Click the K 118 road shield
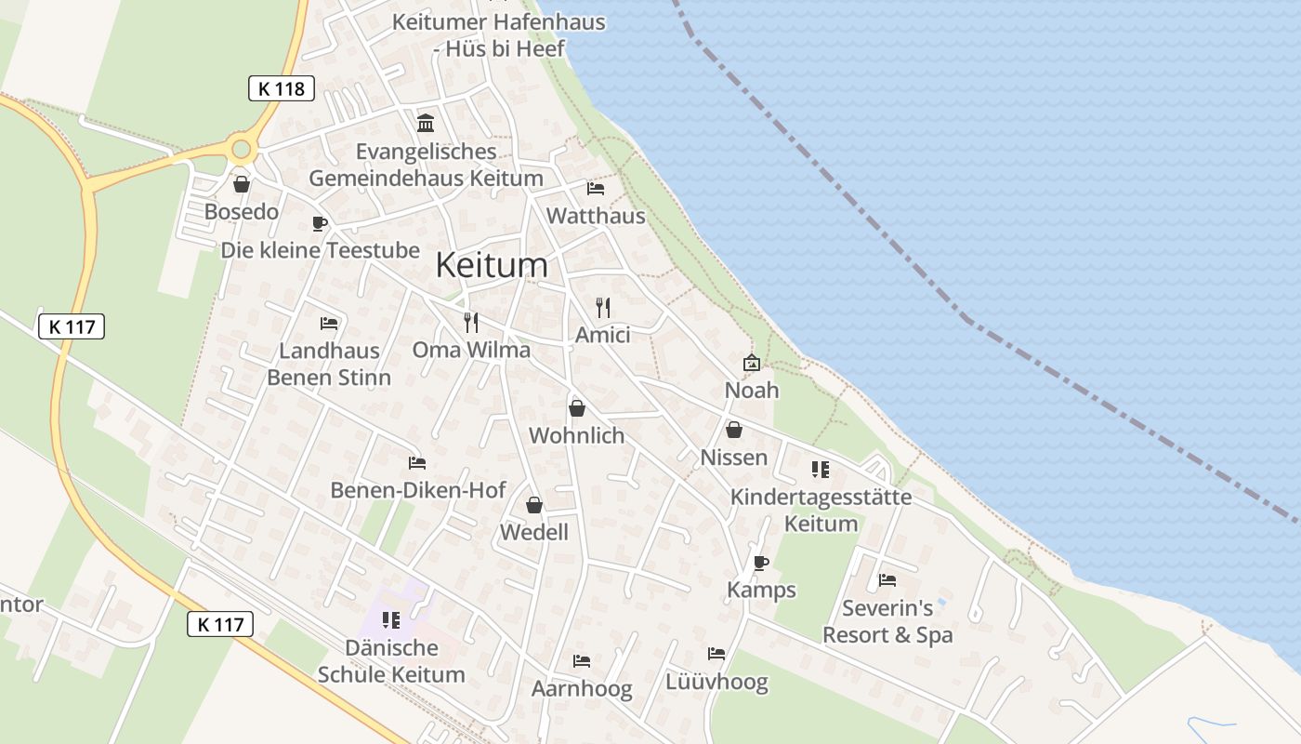[x=282, y=89]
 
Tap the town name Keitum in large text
[x=492, y=265]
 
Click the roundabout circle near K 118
[x=243, y=147]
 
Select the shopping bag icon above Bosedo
[x=242, y=184]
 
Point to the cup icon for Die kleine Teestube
[x=319, y=223]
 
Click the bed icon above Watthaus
[x=596, y=189]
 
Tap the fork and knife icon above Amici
[x=603, y=308]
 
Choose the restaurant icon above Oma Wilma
[x=471, y=323]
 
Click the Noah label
[x=752, y=390]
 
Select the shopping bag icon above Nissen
[x=734, y=430]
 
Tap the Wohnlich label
[x=576, y=435]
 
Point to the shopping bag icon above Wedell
[x=534, y=505]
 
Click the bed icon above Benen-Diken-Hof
[x=417, y=463]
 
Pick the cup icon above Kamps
[x=760, y=563]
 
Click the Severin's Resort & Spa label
[x=887, y=622]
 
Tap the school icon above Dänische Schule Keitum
[x=391, y=619]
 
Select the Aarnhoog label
[x=582, y=689]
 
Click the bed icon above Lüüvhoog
[x=716, y=654]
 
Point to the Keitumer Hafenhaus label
[x=499, y=34]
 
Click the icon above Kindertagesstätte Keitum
[x=820, y=470]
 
